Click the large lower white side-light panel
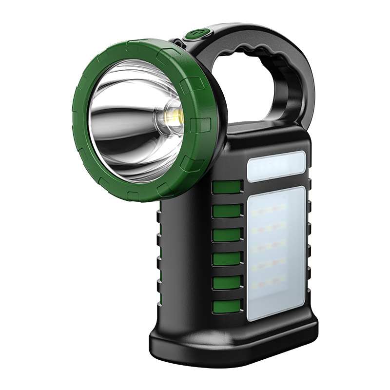pos(277,253)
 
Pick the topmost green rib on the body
pos(227,188)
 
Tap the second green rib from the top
pos(227,212)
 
